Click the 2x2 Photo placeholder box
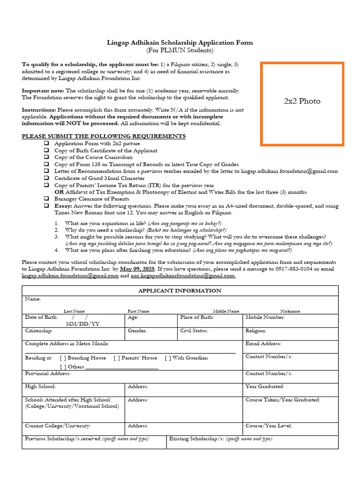pos(302,104)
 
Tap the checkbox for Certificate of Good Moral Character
pos(46,178)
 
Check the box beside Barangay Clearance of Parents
pos(46,199)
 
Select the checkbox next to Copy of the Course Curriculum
pos(46,157)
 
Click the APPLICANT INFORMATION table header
pos(180,291)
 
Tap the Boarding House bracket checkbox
pos(63,358)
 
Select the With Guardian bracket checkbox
pos(168,358)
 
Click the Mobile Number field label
pos(265,317)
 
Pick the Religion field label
pos(256,330)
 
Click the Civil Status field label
pos(194,330)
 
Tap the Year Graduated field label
pos(265,387)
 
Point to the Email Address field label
pos(263,344)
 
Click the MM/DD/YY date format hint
pos(82,324)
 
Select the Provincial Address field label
pos(48,373)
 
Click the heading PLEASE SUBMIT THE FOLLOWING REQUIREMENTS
pos(104,136)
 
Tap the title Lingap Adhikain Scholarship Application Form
pos(180,43)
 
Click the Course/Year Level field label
pos(269,426)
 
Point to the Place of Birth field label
pos(197,317)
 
